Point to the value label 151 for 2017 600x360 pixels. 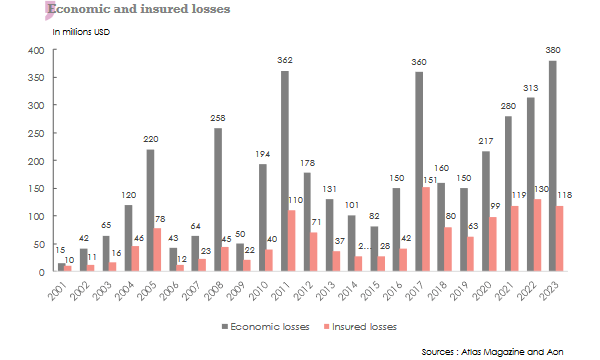click(428, 180)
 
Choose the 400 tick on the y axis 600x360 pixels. click(36, 50)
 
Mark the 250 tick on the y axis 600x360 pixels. click(36, 133)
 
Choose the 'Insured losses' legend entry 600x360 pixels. click(363, 326)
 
